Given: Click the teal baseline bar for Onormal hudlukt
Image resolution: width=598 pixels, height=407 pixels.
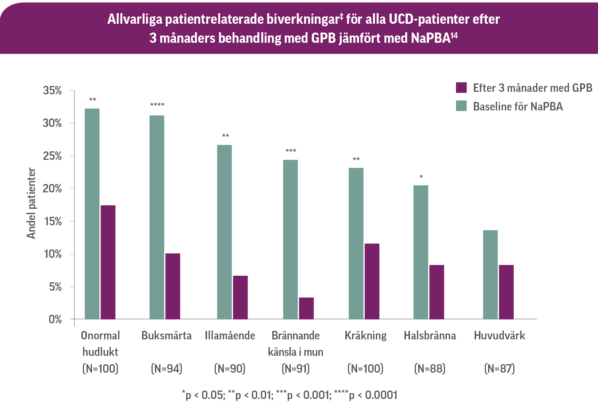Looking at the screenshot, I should click(92, 214).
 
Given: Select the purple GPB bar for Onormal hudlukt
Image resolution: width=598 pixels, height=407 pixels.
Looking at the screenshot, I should click(108, 262).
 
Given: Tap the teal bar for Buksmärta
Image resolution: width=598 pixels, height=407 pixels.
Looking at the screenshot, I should click(157, 217).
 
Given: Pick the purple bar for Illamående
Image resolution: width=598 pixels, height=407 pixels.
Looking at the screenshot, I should click(240, 297).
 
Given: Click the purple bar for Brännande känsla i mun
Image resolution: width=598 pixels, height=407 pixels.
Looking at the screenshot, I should click(306, 308).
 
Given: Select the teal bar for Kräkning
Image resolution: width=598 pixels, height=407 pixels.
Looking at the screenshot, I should click(356, 244).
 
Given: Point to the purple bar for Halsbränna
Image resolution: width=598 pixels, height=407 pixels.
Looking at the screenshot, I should click(437, 292).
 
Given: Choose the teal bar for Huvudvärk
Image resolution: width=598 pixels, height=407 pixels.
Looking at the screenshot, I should click(490, 275).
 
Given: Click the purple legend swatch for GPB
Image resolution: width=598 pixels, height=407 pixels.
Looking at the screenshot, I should click(461, 88).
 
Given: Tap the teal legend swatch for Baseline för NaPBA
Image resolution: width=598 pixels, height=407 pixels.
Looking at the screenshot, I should click(461, 106).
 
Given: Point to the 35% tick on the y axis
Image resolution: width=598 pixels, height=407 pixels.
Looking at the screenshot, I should click(72, 91).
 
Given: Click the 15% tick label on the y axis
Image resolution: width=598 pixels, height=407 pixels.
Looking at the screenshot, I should click(53, 222).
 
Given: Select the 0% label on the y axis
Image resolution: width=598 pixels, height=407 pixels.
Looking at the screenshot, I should click(55, 320).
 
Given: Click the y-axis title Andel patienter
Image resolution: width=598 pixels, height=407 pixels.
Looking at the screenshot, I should click(31, 203).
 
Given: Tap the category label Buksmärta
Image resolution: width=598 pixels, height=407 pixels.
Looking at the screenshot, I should click(166, 335).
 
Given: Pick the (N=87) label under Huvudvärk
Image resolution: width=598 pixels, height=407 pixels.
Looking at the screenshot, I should click(499, 368).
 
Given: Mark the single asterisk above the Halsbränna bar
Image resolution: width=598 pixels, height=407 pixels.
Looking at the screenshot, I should click(421, 177).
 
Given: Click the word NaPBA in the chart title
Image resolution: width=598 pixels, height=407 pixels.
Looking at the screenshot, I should click(431, 38).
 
